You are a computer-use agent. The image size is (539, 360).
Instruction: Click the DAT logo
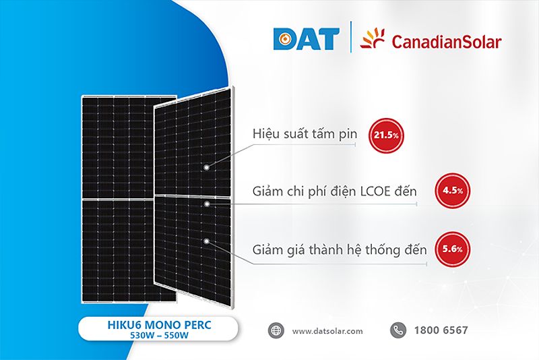(306, 39)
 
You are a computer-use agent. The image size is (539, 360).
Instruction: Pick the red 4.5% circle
(451, 191)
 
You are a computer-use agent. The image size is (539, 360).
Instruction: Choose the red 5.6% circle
(451, 248)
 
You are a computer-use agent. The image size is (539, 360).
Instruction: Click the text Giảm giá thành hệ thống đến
(340, 249)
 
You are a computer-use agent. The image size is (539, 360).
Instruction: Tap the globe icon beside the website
(276, 330)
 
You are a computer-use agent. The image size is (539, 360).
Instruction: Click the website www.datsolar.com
(328, 331)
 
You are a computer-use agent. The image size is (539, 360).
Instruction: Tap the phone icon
(397, 330)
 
